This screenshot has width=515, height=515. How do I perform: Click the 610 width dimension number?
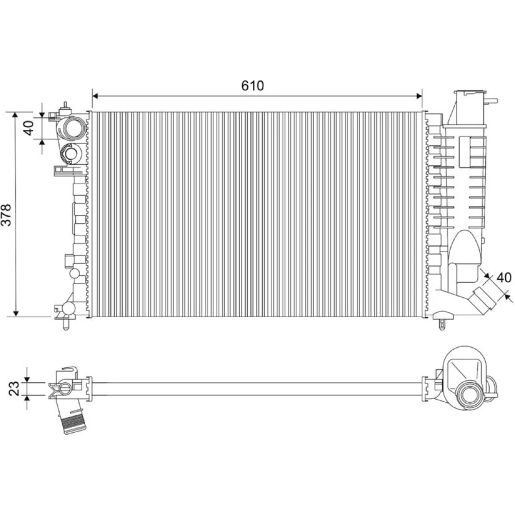point(252,85)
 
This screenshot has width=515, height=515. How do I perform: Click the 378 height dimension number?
point(7,215)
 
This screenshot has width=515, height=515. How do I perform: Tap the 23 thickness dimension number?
point(14,388)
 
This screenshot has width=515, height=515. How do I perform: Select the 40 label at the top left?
point(28,128)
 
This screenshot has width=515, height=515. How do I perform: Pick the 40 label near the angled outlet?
point(504,278)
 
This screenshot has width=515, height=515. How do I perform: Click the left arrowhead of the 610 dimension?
point(96,96)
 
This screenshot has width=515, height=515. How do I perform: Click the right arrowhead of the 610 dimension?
point(419,96)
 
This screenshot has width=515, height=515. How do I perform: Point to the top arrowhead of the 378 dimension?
point(15,115)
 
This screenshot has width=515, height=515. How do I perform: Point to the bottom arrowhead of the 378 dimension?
point(15,313)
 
